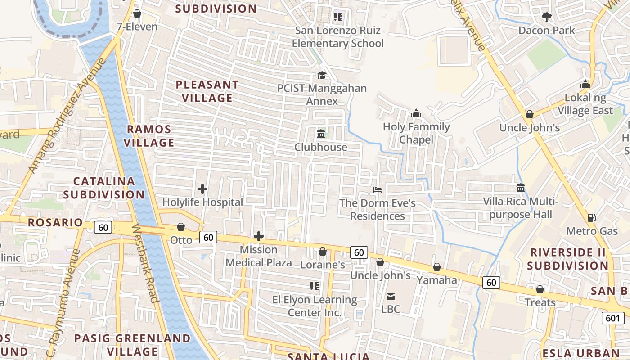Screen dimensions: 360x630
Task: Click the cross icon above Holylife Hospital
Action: [202, 189]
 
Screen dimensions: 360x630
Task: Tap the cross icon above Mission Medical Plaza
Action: [259, 236]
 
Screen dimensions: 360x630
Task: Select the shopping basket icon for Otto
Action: [181, 227]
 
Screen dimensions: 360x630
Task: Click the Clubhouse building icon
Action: [321, 134]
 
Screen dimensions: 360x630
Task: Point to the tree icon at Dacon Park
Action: [547, 17]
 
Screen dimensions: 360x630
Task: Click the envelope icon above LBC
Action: [390, 296]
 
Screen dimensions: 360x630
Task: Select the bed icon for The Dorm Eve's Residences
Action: [378, 190]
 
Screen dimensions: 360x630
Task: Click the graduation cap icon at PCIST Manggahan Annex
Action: [322, 75]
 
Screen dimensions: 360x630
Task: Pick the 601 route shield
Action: [612, 318]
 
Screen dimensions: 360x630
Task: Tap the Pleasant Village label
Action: [207, 91]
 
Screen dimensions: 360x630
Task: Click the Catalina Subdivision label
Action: [104, 188]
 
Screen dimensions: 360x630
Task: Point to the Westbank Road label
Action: [145, 263]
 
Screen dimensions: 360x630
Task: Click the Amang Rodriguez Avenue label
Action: [67, 116]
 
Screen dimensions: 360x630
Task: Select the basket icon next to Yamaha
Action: [436, 267]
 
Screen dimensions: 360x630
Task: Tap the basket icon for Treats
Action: [540, 289]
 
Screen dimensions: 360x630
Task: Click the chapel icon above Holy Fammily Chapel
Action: [416, 113]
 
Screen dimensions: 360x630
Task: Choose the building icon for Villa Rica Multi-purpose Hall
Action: [521, 188]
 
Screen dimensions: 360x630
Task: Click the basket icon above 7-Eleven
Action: [137, 13]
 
